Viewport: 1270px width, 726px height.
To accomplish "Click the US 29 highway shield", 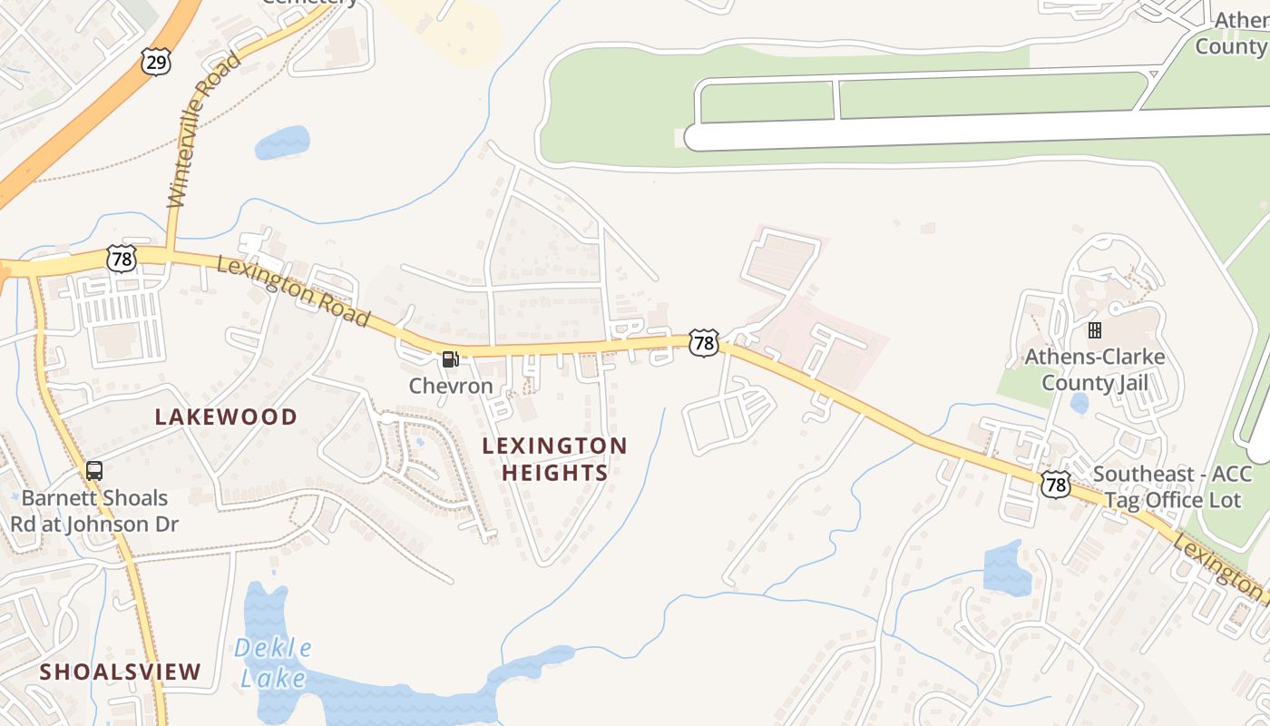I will click(x=155, y=61).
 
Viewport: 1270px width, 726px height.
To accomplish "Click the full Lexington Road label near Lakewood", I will click(x=293, y=291).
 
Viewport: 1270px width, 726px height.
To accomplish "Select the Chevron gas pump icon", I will click(x=450, y=359).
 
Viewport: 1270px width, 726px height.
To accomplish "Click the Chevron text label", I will click(x=451, y=386).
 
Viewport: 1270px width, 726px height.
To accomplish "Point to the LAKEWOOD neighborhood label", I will click(x=226, y=417).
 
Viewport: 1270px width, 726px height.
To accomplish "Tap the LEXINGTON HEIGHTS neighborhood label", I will click(x=554, y=459).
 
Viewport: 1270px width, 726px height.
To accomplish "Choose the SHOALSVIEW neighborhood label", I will click(x=120, y=672).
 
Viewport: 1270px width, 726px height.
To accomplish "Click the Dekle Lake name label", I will click(x=273, y=662).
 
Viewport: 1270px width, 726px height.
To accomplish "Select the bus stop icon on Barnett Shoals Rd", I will click(x=94, y=471).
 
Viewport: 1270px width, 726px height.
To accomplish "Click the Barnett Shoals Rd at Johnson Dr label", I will click(x=94, y=511).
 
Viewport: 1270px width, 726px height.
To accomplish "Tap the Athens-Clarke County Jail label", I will click(x=1094, y=369).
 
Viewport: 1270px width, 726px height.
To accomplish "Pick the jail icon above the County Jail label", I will click(x=1094, y=330).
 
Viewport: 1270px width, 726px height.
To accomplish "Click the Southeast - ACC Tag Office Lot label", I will click(x=1171, y=487).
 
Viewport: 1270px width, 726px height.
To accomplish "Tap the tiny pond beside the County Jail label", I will click(x=1079, y=403).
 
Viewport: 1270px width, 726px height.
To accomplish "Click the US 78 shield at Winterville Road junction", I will click(x=121, y=259).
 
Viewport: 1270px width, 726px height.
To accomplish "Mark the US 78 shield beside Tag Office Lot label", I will click(x=1055, y=484).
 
